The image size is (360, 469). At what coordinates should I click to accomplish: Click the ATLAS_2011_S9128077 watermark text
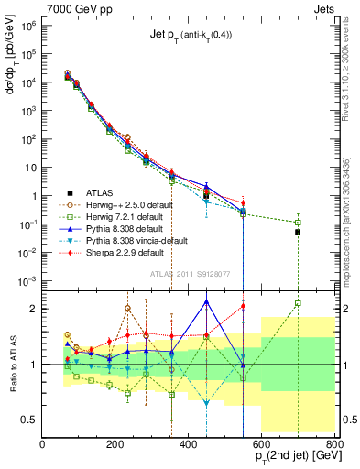(188, 273)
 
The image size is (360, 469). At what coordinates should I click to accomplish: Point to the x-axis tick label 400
(188, 444)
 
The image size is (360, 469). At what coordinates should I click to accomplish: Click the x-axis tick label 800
(333, 444)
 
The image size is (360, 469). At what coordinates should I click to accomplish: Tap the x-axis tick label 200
(115, 444)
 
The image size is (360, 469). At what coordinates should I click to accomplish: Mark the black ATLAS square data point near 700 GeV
(298, 232)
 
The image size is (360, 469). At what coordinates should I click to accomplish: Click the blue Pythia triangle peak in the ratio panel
(206, 300)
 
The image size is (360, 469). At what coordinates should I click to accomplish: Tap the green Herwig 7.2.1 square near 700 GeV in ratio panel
(298, 303)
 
